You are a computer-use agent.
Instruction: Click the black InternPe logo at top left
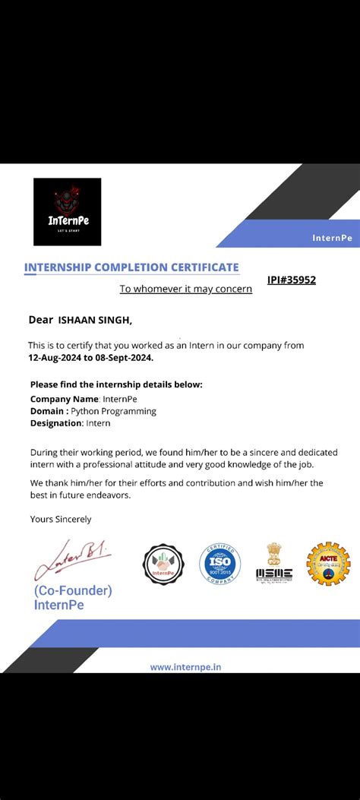pyautogui.click(x=67, y=211)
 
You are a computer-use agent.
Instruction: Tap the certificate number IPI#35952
pyautogui.click(x=291, y=280)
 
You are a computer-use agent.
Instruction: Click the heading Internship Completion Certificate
pyautogui.click(x=131, y=267)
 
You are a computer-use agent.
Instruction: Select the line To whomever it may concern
pyautogui.click(x=185, y=289)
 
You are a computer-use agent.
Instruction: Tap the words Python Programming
pyautogui.click(x=118, y=411)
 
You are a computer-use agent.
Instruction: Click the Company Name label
pyautogui.click(x=65, y=399)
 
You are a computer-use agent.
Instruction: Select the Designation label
pyautogui.click(x=55, y=423)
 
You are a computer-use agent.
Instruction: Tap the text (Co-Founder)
pyautogui.click(x=73, y=590)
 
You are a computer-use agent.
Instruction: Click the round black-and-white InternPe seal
pyautogui.click(x=163, y=564)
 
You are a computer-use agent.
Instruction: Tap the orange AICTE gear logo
pyautogui.click(x=328, y=564)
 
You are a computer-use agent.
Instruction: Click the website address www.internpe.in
pyautogui.click(x=185, y=667)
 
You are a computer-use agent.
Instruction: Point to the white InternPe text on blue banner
pyautogui.click(x=332, y=238)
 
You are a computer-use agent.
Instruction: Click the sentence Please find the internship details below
pyautogui.click(x=116, y=384)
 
